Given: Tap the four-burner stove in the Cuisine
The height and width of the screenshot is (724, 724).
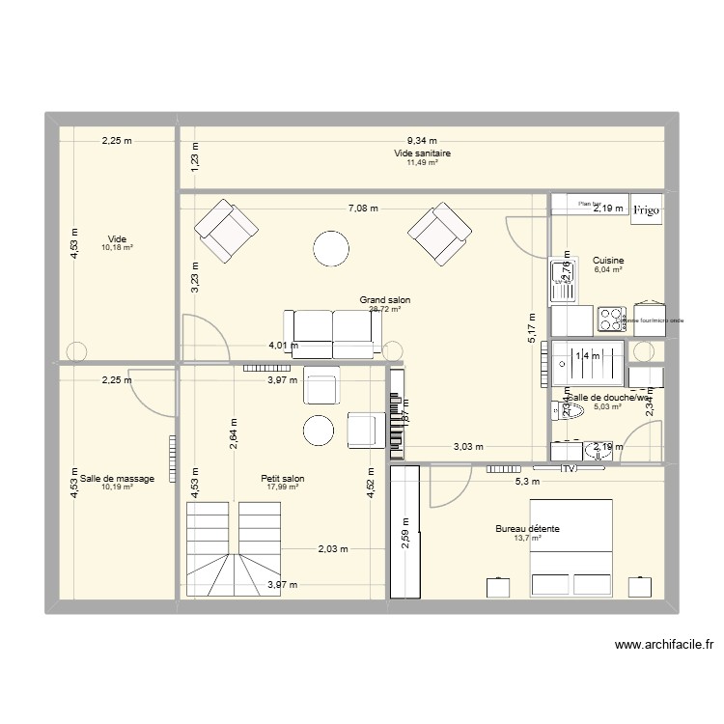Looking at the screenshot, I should (611, 319).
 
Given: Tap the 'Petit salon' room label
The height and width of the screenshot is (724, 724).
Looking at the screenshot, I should (283, 478).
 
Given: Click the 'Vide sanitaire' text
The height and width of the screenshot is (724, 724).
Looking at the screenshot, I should (422, 153).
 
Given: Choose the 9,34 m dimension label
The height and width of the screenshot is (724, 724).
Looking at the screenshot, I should (421, 141).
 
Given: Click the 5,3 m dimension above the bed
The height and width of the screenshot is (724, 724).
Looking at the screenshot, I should (527, 482).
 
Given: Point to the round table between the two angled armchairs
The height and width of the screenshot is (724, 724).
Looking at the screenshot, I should (331, 249).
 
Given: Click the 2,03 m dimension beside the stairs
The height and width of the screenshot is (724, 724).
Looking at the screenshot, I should (333, 549).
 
